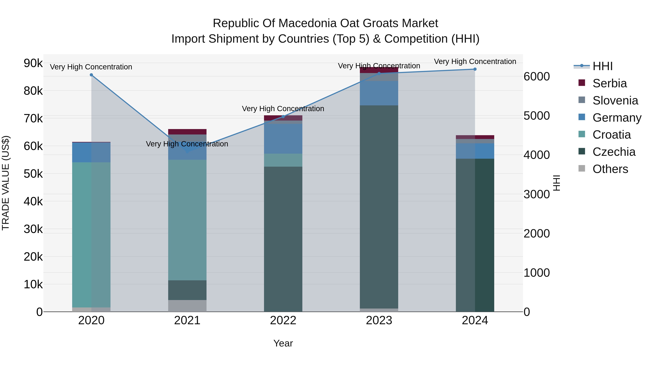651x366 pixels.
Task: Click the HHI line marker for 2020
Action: point(92,75)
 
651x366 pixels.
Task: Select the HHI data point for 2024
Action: point(475,69)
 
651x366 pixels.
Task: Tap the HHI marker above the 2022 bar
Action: point(283,116)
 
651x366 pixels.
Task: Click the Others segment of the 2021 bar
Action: point(187,306)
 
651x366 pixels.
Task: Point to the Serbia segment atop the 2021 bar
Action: point(187,132)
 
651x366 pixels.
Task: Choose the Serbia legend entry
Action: point(609,83)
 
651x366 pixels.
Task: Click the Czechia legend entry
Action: point(614,152)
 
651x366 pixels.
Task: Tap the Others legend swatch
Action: point(582,168)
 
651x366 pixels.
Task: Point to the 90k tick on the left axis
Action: point(33,63)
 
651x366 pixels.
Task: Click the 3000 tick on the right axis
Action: point(537,194)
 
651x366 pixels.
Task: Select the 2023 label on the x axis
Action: point(379,320)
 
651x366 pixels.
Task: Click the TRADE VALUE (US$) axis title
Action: point(6,183)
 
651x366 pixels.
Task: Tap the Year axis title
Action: point(283,343)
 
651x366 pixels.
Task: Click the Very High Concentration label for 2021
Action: point(187,144)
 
